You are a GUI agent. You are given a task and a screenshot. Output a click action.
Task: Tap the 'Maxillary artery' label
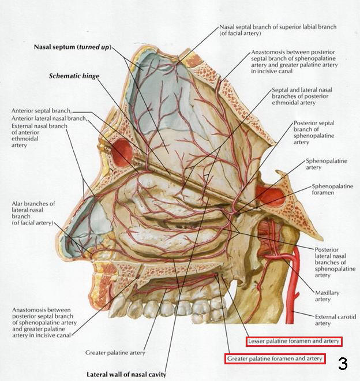click(323, 296)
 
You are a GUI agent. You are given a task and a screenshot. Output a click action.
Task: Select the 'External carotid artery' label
click(335, 320)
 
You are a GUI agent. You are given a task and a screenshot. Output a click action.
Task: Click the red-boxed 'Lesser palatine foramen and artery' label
click(294, 341)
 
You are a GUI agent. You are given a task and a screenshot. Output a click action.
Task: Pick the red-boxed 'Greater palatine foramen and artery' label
click(275, 359)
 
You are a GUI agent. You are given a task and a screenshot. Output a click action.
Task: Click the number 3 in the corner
click(343, 364)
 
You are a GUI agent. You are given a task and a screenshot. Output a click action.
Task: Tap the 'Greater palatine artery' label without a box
click(115, 352)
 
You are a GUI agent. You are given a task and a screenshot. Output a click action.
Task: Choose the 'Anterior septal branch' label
click(40, 110)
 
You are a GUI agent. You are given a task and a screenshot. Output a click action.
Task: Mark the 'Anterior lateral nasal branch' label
click(48, 118)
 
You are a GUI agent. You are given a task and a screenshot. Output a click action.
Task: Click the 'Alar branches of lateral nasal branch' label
click(36, 213)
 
